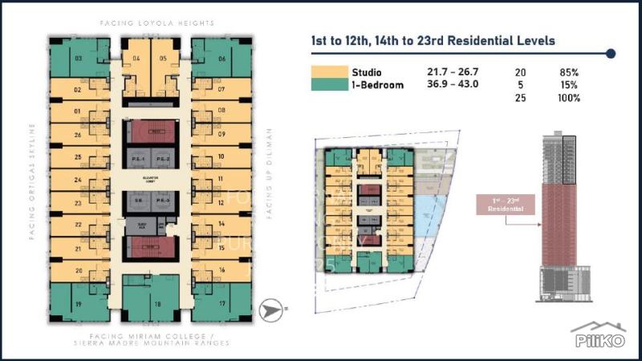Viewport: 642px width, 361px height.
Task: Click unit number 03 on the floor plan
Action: (x=79, y=58)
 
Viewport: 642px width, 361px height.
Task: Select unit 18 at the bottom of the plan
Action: (x=157, y=304)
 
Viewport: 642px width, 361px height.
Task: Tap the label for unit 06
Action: (x=221, y=59)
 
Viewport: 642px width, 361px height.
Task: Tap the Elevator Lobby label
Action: (x=152, y=178)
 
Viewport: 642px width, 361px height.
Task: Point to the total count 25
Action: (x=520, y=98)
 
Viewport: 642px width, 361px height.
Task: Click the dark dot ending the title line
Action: (x=611, y=54)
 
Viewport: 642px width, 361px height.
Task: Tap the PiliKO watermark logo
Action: (x=598, y=336)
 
